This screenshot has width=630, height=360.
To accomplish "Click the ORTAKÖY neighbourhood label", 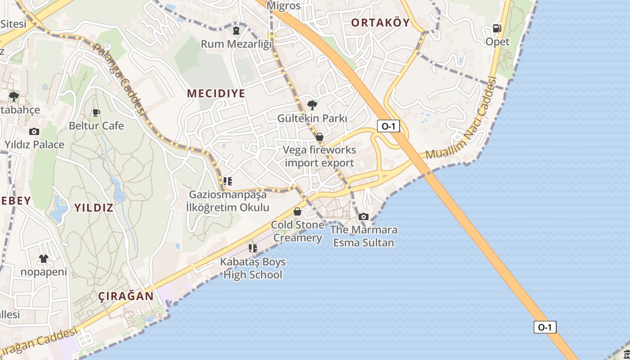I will tap(380, 22).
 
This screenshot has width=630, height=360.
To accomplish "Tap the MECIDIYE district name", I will tap(216, 94).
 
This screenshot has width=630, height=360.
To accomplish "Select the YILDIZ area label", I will tap(94, 207).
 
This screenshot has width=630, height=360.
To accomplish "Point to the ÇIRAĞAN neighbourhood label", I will tap(126, 296).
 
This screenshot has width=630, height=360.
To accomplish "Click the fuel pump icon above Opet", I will tap(497, 28).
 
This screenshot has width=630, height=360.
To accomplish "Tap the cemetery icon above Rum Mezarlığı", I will tap(236, 31).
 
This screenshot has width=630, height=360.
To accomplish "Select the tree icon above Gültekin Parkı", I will tap(311, 105).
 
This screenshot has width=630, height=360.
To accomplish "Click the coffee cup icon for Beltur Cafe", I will tap(96, 112).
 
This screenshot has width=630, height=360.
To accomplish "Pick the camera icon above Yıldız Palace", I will tap(34, 131).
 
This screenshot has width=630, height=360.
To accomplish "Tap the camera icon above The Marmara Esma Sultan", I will tap(364, 217).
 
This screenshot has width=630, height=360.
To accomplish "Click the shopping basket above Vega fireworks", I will tap(319, 137).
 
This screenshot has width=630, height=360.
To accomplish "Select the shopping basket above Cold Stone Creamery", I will tap(297, 211).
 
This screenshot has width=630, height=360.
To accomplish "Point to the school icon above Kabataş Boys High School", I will tap(253, 248).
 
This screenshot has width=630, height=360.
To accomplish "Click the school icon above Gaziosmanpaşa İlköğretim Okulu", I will tap(228, 181).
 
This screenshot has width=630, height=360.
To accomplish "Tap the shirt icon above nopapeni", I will tap(43, 259).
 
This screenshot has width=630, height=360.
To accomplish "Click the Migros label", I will tap(283, 6).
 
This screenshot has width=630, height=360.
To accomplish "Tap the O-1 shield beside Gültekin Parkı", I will tap(388, 126).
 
